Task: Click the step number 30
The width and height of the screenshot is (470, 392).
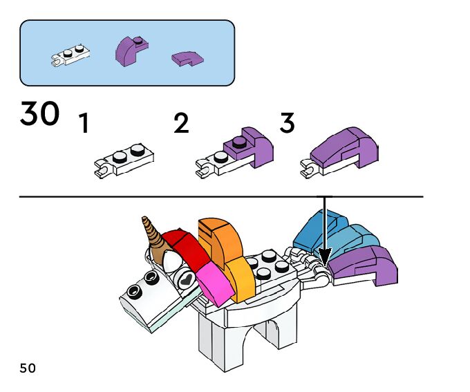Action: pos(39,113)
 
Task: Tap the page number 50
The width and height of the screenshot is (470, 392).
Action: pos(28,368)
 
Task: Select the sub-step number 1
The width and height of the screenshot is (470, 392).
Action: pos(84,122)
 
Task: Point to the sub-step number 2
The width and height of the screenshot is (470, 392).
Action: pos(181,122)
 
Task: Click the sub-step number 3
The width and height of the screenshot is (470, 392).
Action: pos(287,122)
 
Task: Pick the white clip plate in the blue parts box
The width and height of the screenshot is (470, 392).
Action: pos(70,55)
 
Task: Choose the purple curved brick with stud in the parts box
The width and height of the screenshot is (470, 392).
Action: pos(131,51)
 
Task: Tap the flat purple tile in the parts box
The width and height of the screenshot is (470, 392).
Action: pos(187,59)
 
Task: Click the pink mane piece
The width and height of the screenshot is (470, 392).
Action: pos(215,283)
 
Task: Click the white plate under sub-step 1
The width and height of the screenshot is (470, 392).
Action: pos(124,160)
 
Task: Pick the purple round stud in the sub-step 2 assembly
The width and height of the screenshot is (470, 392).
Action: pos(239,142)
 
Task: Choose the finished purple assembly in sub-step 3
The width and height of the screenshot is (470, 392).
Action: pos(339,152)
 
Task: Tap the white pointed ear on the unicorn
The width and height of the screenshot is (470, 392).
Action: pos(171,261)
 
